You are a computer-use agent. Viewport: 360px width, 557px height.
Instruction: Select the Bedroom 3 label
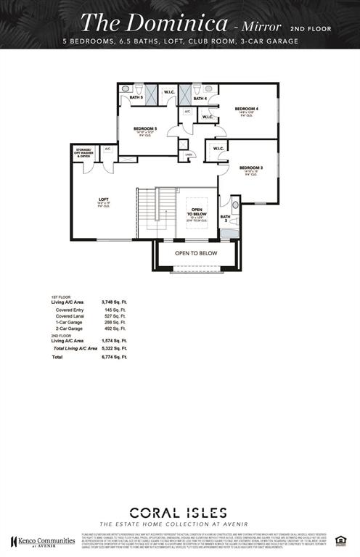(250, 168)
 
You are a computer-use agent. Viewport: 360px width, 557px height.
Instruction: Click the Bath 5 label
(136, 96)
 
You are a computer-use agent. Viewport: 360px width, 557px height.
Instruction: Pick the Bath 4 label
(200, 98)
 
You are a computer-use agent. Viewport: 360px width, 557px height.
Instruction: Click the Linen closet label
(188, 154)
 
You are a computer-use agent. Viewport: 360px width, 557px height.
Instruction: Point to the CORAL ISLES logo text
(179, 512)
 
